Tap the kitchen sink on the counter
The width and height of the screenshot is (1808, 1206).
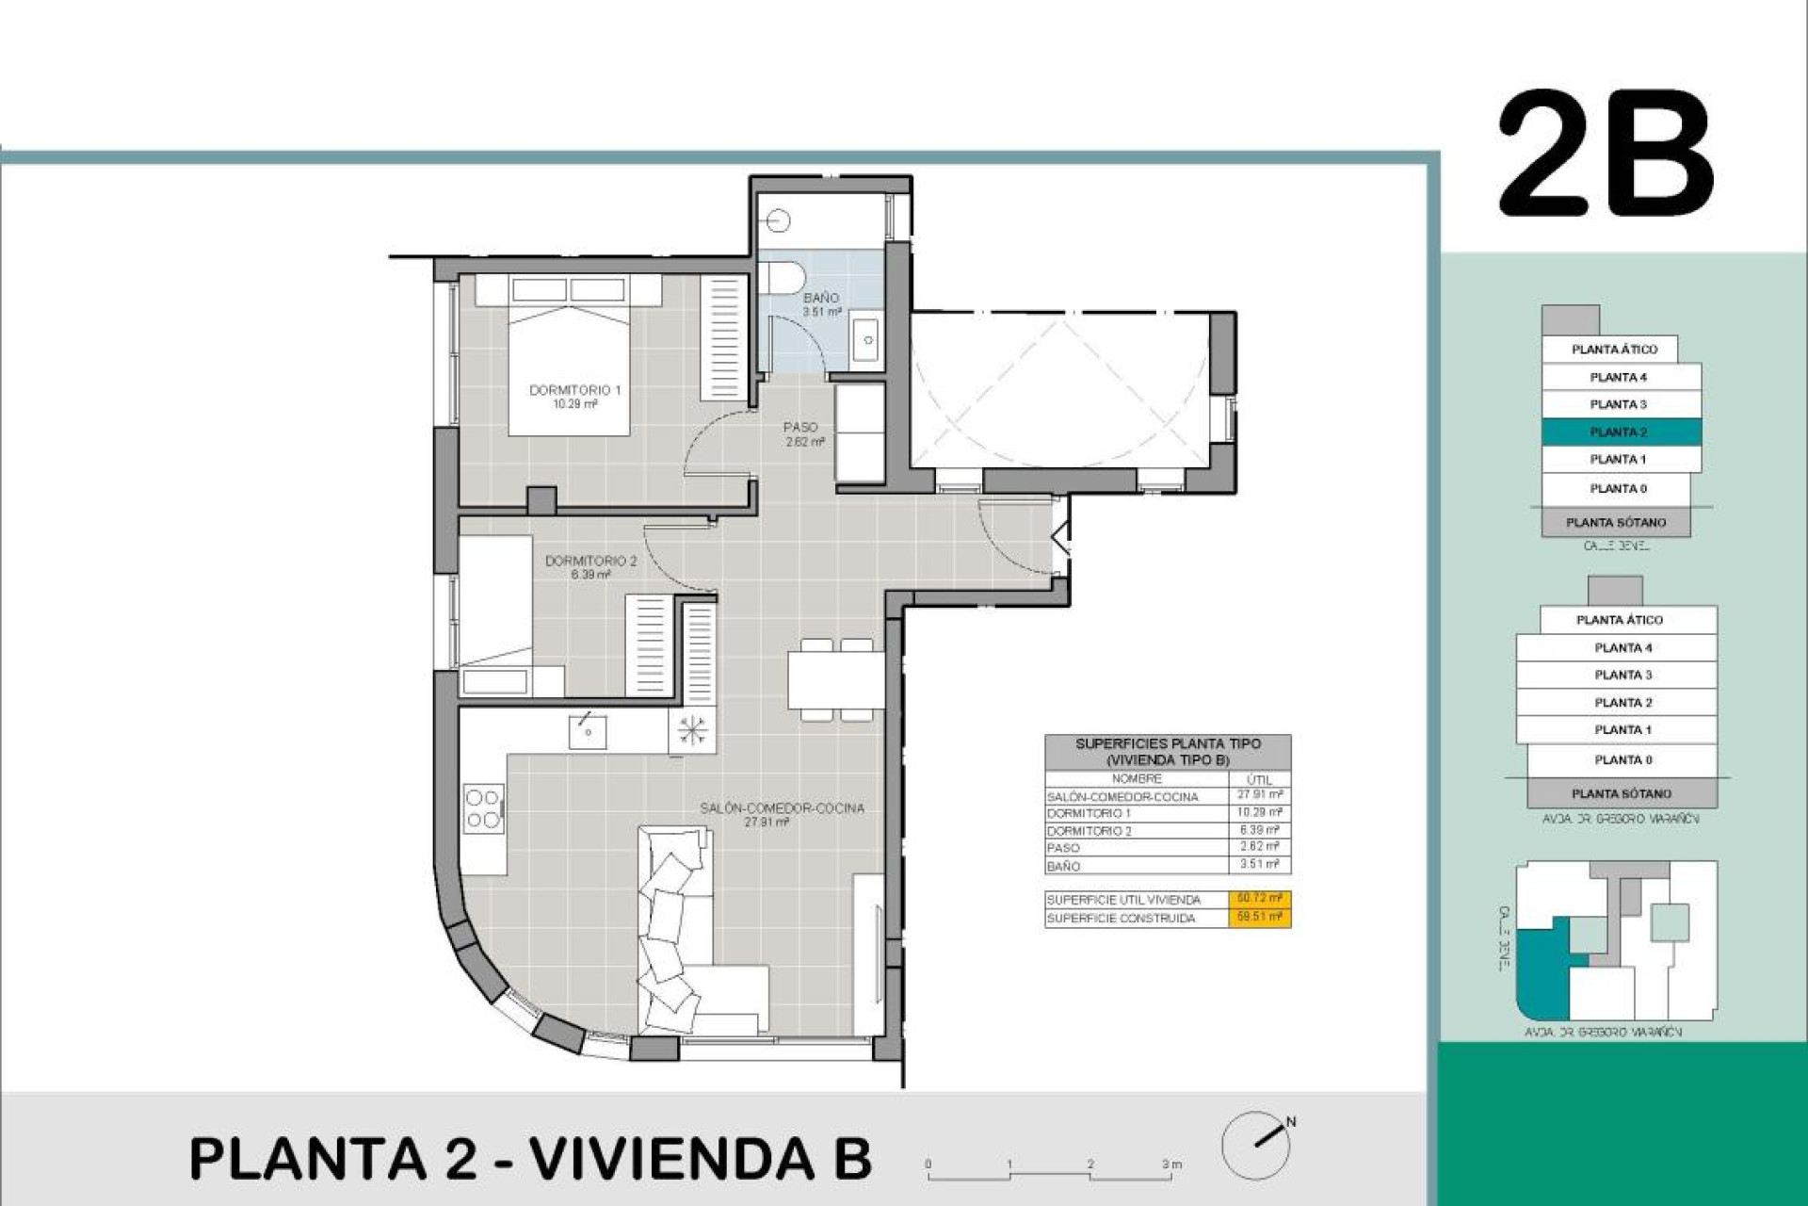coord(588,731)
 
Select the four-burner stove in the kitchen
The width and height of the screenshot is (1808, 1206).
coord(483,809)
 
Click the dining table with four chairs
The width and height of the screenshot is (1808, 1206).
coord(836,679)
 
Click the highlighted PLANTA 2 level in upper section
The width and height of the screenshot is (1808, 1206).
coord(1620,432)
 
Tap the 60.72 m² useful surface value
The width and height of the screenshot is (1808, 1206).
coord(1258,899)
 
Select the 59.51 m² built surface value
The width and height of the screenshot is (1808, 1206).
coord(1258,917)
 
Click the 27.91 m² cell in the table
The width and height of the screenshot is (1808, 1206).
coord(1258,795)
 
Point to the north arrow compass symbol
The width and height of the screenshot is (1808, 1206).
coord(1256,1144)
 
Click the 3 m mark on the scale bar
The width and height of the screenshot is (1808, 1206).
coord(1170,1165)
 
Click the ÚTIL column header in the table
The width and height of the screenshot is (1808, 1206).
coord(1258,779)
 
